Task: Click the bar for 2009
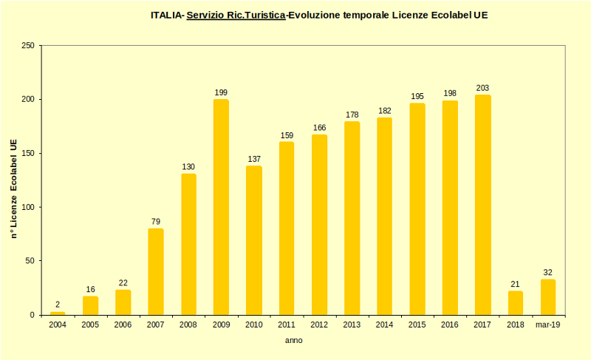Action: tap(221, 207)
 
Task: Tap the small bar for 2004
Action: tap(58, 313)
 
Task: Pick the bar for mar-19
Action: tap(547, 297)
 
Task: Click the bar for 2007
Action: tap(155, 271)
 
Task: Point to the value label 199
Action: tap(221, 92)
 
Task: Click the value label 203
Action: tap(482, 88)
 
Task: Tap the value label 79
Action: tap(155, 222)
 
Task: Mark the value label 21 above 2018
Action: tap(515, 284)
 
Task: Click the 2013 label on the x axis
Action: tap(352, 325)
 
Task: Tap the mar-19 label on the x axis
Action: tap(547, 325)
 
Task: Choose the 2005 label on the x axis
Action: tap(90, 325)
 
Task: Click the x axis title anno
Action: tap(294, 341)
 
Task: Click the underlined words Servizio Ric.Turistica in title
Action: tap(236, 15)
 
